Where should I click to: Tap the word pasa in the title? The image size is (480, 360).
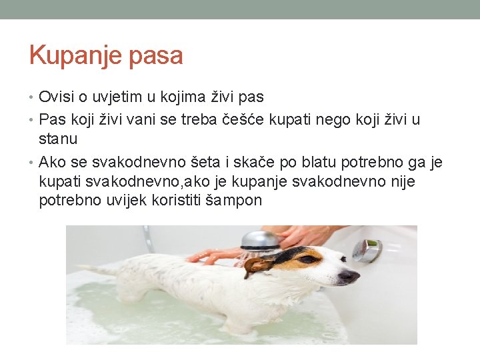[157, 56]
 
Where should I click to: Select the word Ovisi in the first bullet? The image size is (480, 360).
[56, 97]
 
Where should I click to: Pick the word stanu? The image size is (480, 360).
[58, 139]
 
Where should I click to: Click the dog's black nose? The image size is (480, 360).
[353, 275]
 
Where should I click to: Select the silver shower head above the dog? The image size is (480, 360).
[260, 240]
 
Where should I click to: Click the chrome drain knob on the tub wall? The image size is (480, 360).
[366, 250]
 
